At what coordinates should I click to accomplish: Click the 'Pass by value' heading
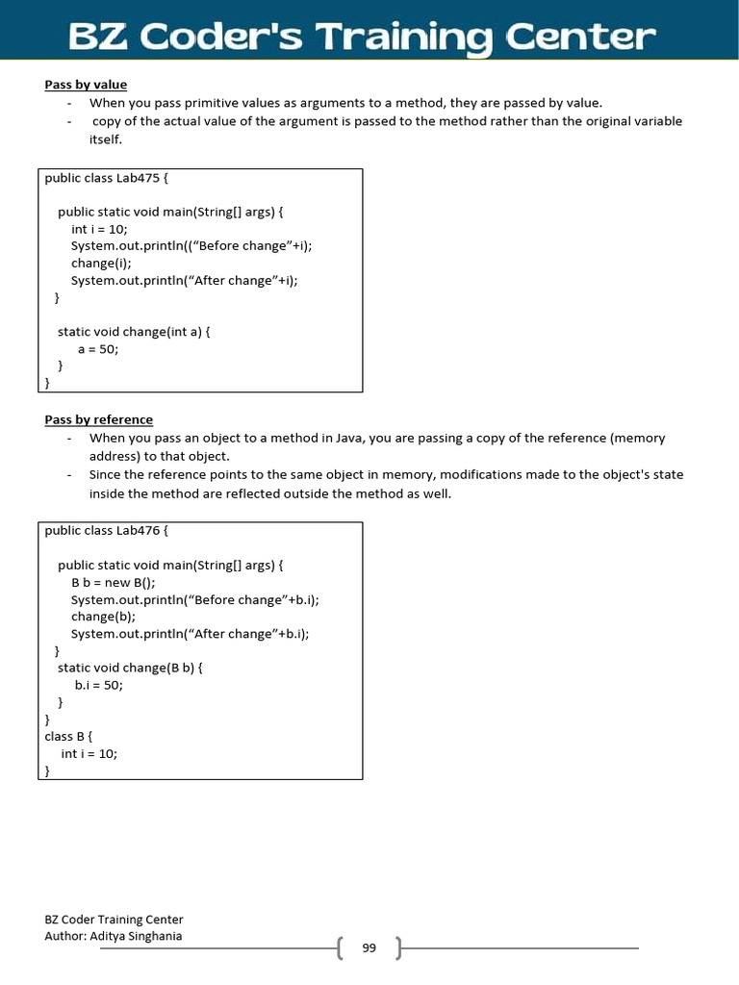tap(86, 85)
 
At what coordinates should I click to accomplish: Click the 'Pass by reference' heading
tap(98, 419)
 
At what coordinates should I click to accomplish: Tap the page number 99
tap(369, 948)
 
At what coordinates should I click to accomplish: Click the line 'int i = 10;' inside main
tap(99, 229)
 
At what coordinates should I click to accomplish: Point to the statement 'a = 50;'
tap(98, 349)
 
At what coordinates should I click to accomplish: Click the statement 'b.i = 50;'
tap(99, 685)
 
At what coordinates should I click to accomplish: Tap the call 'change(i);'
tap(101, 263)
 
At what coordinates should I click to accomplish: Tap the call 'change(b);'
tap(103, 617)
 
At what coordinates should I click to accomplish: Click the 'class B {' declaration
tap(68, 737)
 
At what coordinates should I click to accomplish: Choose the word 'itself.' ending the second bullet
tap(106, 139)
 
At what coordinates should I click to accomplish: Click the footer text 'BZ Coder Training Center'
tap(114, 920)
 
